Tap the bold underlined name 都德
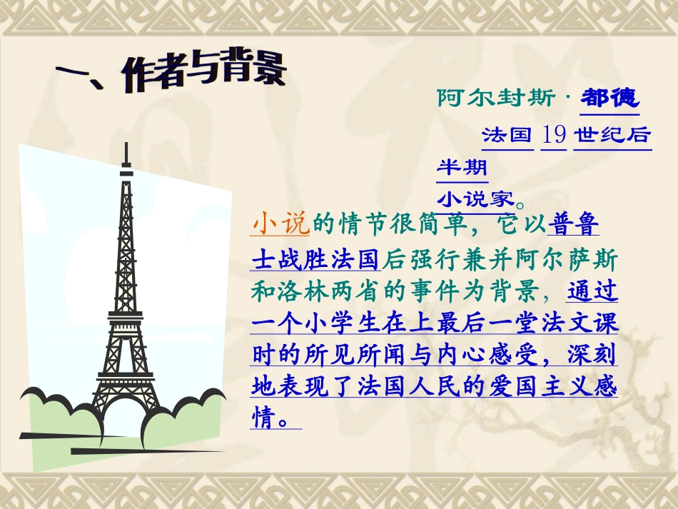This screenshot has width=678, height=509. point(609,98)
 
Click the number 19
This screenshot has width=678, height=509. point(554,133)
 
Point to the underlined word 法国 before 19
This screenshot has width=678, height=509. point(507,134)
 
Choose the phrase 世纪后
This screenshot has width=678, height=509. point(612,134)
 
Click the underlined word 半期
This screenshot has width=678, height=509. point(462,168)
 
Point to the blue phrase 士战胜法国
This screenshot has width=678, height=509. point(317,258)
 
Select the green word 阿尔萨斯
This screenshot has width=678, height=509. point(557,258)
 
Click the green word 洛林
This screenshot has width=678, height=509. point(312,291)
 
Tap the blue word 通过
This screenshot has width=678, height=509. point(592,291)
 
